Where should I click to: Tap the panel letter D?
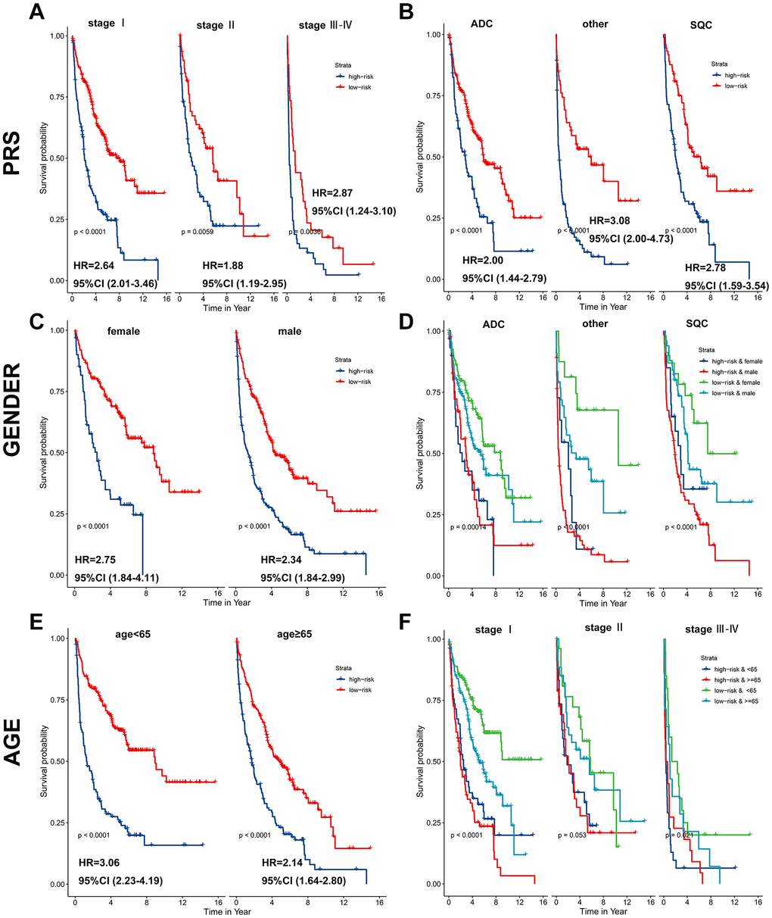406,312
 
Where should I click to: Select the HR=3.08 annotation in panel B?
610,220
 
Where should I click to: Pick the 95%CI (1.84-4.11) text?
117,578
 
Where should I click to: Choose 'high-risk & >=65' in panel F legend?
730,680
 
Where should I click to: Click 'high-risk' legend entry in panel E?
357,679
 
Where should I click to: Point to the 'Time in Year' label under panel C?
226,603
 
